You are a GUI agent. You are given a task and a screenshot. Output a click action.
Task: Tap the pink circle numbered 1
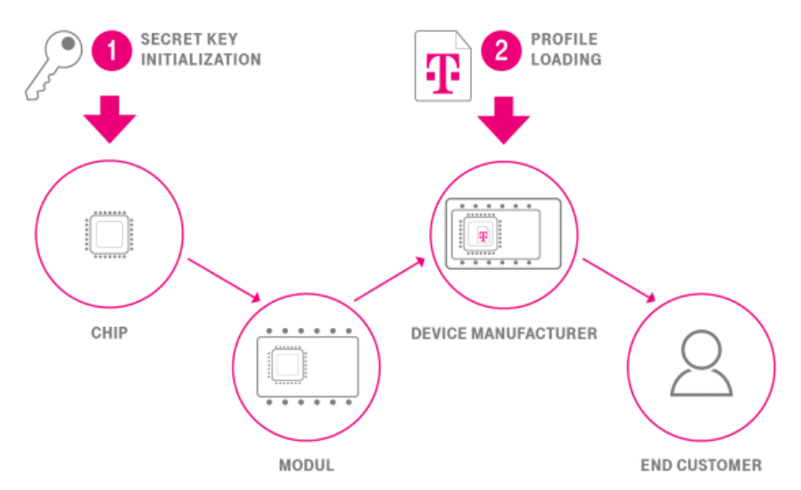(x=113, y=50)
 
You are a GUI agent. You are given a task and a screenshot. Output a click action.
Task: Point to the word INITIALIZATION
(x=201, y=60)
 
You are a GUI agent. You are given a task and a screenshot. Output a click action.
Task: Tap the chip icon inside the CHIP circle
(x=110, y=234)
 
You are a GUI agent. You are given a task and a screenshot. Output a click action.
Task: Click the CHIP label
(x=110, y=333)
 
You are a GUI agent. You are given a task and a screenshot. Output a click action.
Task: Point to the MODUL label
(x=306, y=465)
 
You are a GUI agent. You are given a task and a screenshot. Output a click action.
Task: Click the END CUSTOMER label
(x=701, y=465)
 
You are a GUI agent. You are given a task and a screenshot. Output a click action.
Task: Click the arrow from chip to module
(x=224, y=280)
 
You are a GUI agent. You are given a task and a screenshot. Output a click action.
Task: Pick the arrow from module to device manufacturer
(x=389, y=278)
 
